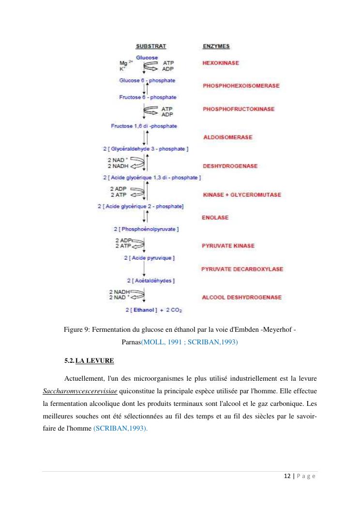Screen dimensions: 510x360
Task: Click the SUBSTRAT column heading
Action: pyautogui.click(x=150, y=46)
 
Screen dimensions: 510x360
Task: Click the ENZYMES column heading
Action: pyautogui.click(x=216, y=46)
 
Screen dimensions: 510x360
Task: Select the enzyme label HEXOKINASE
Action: pyautogui.click(x=220, y=63)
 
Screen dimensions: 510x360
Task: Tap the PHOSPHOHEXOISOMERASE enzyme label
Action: pyautogui.click(x=241, y=86)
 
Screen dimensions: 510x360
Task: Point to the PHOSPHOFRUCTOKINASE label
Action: pyautogui.click(x=239, y=109)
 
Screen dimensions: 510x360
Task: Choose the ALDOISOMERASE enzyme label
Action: pyautogui.click(x=227, y=137)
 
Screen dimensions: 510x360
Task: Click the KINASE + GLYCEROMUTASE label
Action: pyautogui.click(x=241, y=195)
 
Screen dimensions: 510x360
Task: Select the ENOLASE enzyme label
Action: pyautogui.click(x=215, y=218)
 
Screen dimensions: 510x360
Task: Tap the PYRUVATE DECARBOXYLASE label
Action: pyautogui.click(x=242, y=269)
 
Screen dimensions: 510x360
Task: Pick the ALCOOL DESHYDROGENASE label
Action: pyautogui.click(x=241, y=297)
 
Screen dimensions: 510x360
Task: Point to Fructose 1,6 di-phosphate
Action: pyautogui.click(x=144, y=126)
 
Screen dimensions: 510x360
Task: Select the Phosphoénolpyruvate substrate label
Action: pyautogui.click(x=146, y=229)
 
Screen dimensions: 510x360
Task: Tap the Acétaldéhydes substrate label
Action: pyautogui.click(x=150, y=280)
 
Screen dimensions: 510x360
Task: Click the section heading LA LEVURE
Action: pyautogui.click(x=95, y=361)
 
